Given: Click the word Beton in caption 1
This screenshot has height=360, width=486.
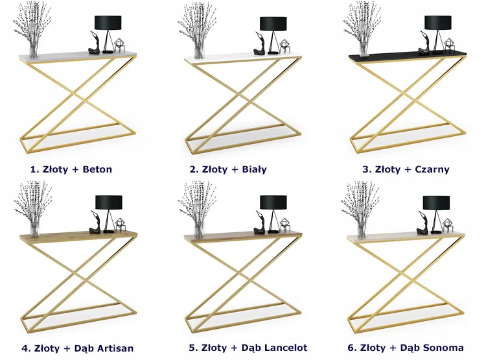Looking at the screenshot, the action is [x=97, y=169].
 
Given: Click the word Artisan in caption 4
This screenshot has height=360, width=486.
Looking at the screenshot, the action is [x=115, y=348].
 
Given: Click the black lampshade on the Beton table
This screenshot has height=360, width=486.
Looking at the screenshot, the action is [x=108, y=23].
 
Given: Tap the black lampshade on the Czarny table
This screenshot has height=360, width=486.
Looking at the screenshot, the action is [x=438, y=23].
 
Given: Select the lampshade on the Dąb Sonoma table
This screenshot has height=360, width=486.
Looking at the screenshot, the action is [x=436, y=202].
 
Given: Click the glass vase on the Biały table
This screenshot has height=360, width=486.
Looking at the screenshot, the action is [x=200, y=51].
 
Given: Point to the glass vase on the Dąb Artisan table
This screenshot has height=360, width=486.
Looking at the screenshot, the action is [x=35, y=229].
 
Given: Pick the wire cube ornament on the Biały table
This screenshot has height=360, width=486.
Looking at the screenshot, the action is [x=284, y=46].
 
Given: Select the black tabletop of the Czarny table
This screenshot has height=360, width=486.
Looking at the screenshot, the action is [x=408, y=55].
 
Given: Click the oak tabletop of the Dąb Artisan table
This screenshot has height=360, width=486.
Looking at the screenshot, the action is [x=78, y=235].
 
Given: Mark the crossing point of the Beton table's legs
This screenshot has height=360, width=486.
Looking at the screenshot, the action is [x=78, y=95].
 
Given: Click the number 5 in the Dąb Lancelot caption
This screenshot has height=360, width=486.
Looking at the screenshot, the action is [x=192, y=348].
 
